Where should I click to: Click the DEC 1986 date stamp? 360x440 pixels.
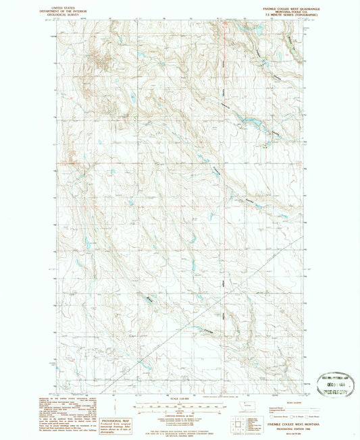pyautogui.click(x=336, y=382)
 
